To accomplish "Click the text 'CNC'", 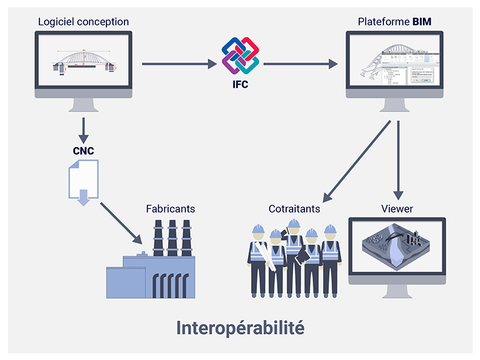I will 83,151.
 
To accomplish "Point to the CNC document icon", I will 83,183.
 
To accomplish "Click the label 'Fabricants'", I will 171,209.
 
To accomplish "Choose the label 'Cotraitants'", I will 294,209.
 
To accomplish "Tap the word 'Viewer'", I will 397,209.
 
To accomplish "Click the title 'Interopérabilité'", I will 240,328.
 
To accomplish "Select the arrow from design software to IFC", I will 178,64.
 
